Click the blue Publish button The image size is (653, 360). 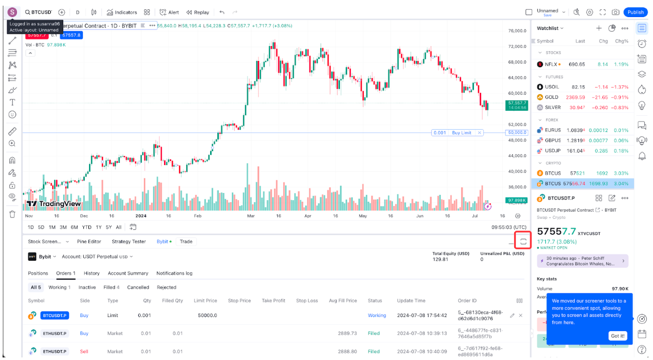point(635,12)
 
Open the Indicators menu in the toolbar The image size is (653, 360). point(122,12)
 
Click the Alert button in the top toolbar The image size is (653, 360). point(169,12)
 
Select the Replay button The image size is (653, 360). point(198,12)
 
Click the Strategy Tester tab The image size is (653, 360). point(129,242)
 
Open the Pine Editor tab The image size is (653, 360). point(89,242)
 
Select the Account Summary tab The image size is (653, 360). point(128,273)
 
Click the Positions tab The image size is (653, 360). point(38,273)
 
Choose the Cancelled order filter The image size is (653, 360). point(138,287)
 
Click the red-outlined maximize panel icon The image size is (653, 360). point(523,241)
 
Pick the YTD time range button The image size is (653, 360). point(87,227)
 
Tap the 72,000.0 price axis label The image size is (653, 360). point(516,47)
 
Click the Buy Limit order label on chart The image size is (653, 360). point(461,133)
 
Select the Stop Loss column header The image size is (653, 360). point(307,301)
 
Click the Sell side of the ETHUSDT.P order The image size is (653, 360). point(84,351)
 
